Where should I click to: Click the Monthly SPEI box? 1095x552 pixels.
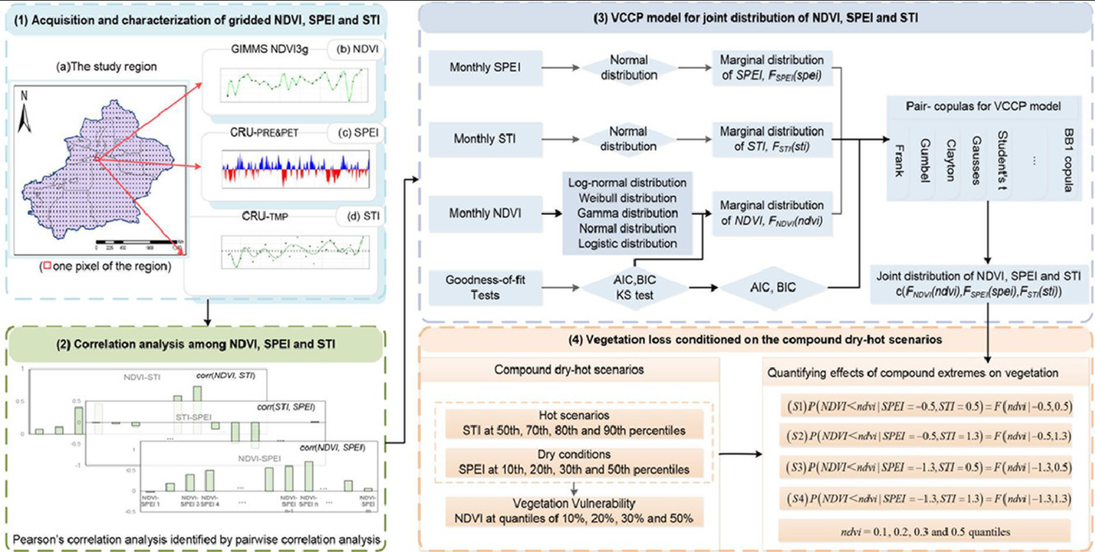click(485, 67)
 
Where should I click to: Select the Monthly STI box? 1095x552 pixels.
click(485, 139)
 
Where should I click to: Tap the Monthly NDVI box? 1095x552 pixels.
click(485, 213)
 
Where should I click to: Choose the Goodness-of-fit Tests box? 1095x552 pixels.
click(485, 288)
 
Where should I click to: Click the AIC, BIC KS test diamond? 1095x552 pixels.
click(634, 288)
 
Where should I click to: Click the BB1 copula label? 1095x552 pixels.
click(1068, 161)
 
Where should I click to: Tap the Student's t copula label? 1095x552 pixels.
click(1002, 161)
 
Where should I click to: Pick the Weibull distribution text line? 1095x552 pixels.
click(627, 198)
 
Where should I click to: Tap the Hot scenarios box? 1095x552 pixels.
click(574, 423)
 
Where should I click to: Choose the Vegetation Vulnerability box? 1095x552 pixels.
click(574, 511)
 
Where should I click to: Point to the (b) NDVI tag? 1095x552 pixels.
click(357, 49)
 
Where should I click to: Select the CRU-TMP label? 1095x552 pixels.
click(265, 216)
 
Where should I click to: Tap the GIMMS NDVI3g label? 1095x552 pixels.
click(269, 49)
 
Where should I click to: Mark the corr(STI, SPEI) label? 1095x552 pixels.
click(286, 407)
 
